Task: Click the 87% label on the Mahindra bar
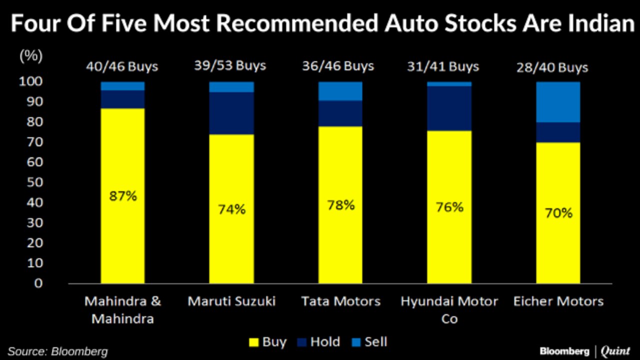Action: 122,195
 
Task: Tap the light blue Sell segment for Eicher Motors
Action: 558,102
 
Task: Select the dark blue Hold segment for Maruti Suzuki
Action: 231,113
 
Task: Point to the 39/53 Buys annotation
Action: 230,65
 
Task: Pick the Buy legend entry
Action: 267,342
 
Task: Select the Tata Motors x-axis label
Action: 340,301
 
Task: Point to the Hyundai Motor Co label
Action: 449,309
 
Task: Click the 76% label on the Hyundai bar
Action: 449,207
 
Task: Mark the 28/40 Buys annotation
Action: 553,67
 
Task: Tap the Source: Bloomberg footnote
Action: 57,351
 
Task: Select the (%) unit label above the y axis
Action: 31,56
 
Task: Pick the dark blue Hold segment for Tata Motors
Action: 340,113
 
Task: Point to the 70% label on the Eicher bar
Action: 558,213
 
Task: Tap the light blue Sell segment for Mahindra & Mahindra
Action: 122,86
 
